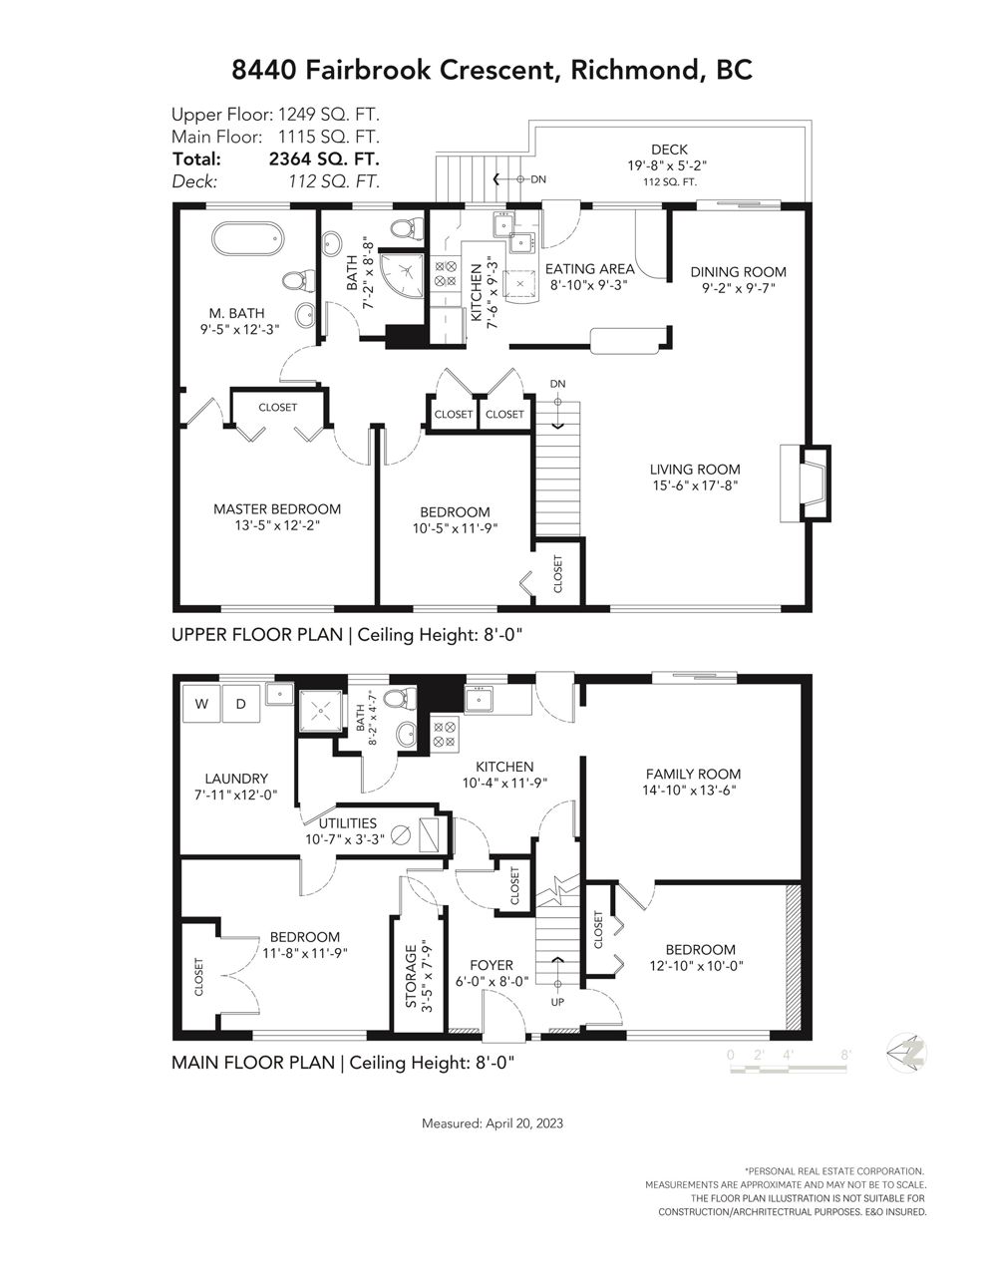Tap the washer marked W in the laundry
coord(201,704)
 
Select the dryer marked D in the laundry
coord(240,704)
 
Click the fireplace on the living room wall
coord(806,482)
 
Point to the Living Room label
coord(695,470)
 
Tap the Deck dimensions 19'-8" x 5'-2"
coord(667,165)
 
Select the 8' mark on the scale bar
coord(845,1055)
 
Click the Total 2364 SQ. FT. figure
coord(324,159)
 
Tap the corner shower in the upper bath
coord(402,274)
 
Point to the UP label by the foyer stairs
coord(557,1002)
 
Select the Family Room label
coord(693,774)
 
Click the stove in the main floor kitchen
coord(445,734)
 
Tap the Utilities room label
coord(348,823)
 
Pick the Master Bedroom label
coord(277,509)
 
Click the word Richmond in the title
coord(636,70)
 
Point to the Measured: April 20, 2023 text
coord(492,1123)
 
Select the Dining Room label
coord(738,272)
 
